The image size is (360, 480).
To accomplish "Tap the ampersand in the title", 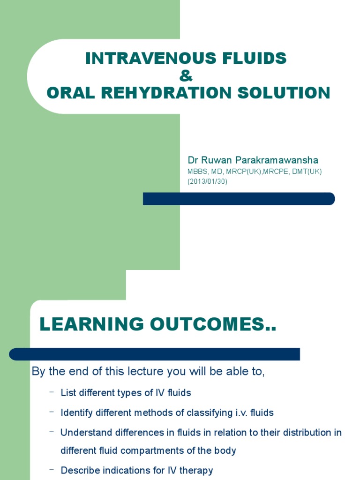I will click(186, 76).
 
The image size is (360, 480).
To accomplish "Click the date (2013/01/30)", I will click(207, 181).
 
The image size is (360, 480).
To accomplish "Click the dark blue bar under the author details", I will click(239, 199).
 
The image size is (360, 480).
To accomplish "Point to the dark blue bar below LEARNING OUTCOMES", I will click(154, 354).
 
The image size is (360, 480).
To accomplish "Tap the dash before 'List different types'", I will click(51, 392).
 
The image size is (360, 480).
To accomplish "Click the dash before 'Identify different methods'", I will click(51, 412).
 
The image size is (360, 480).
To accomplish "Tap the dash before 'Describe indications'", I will click(51, 469).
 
